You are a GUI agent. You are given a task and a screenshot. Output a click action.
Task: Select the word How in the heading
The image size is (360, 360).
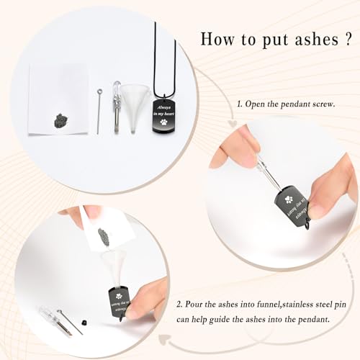click(x=217, y=39)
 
